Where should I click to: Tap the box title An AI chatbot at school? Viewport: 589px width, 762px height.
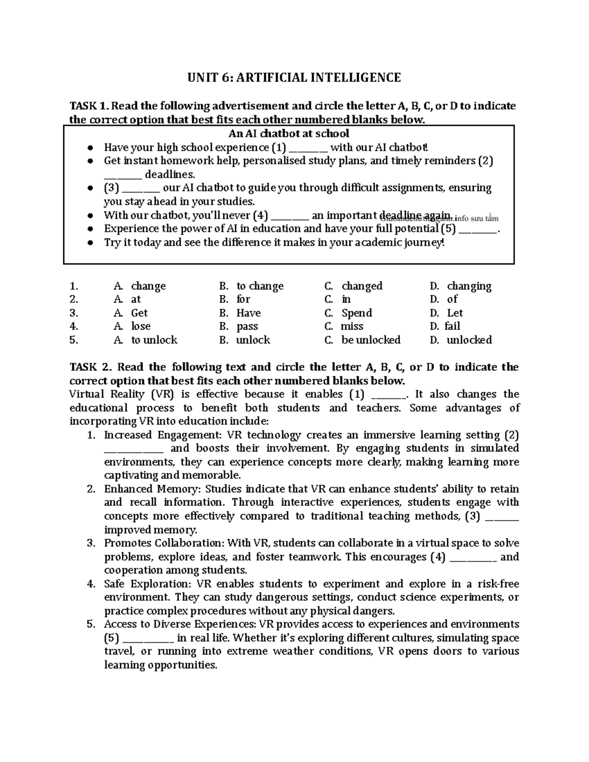click(x=289, y=133)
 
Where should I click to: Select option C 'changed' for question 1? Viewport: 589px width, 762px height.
click(x=361, y=286)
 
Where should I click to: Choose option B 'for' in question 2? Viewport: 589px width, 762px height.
click(x=243, y=299)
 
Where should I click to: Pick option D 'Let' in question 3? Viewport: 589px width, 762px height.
click(x=455, y=313)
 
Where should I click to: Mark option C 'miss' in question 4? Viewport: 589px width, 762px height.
click(x=352, y=326)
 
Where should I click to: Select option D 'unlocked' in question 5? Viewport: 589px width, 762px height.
click(x=469, y=340)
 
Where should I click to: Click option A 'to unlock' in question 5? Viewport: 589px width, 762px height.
click(x=154, y=340)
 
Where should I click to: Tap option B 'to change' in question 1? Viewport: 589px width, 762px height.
click(x=260, y=286)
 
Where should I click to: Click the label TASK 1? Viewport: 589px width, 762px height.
click(x=88, y=106)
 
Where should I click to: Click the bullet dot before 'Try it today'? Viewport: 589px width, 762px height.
click(x=89, y=243)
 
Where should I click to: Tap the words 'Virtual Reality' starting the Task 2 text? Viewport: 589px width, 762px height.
click(x=107, y=394)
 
